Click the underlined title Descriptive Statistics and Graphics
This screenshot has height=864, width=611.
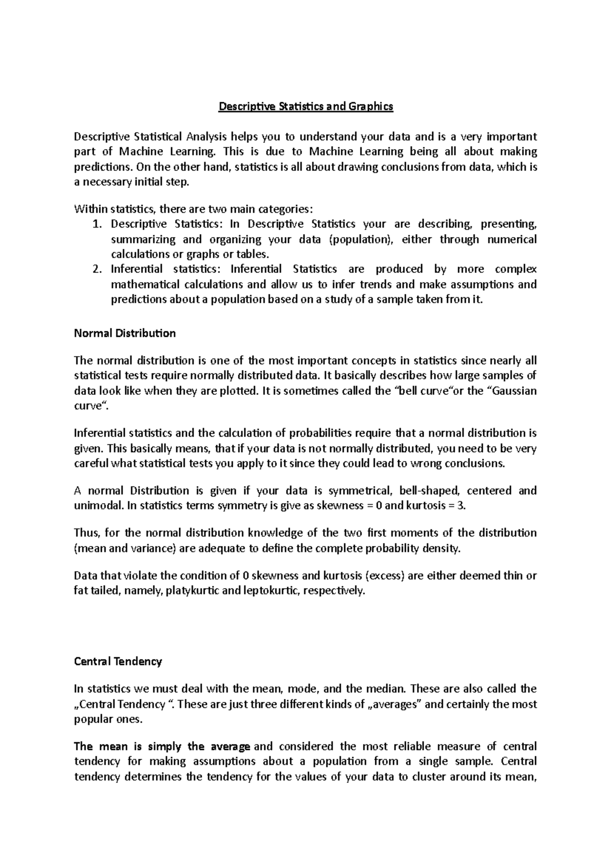(305, 107)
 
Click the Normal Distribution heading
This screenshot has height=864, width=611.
(125, 333)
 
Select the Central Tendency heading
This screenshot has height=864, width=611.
(118, 661)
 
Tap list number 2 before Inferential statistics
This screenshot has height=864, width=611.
(98, 269)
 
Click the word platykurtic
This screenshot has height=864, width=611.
(193, 591)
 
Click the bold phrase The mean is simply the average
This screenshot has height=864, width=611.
(162, 746)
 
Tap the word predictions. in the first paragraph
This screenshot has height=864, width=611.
(100, 167)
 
